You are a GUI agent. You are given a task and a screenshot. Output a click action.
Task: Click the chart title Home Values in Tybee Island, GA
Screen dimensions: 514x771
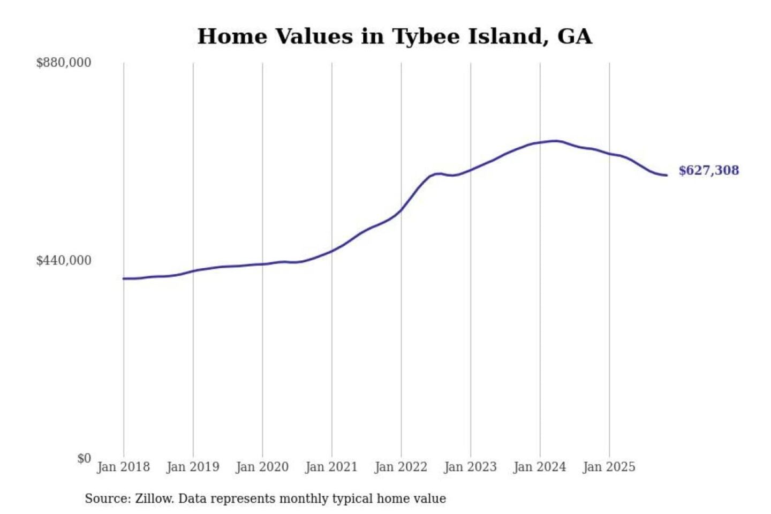pos(395,36)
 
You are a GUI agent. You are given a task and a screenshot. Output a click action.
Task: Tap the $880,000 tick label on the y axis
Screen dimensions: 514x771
pos(64,63)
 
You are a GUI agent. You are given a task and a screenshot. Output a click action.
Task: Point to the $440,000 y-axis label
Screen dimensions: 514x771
pos(64,261)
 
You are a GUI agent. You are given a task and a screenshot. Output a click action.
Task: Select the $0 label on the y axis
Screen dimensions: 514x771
pos(84,458)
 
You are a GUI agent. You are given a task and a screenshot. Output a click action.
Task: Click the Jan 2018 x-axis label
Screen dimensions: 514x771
pos(124,467)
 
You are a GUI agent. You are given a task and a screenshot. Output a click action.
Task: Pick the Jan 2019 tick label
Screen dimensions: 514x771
pos(193,467)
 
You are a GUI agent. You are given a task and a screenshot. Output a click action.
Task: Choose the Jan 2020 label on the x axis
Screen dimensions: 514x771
pos(262,467)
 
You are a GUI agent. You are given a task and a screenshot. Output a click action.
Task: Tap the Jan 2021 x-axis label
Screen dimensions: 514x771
pos(331,467)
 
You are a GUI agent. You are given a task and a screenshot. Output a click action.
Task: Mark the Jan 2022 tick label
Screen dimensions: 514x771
pos(401,467)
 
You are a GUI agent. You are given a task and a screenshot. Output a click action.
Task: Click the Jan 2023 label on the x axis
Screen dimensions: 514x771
pos(471,467)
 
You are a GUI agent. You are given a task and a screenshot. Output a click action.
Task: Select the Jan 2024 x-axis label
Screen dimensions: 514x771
pos(540,467)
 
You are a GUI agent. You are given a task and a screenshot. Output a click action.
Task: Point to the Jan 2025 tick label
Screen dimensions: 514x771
pos(609,467)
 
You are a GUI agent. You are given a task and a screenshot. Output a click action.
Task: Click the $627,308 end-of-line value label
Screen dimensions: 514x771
pos(708,170)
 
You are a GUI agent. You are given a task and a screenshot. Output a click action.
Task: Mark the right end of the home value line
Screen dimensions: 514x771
pos(667,175)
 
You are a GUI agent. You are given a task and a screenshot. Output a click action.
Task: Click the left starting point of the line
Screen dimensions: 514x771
pos(124,278)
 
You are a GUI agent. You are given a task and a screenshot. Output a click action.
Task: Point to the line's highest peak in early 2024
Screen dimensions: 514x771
pos(556,141)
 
